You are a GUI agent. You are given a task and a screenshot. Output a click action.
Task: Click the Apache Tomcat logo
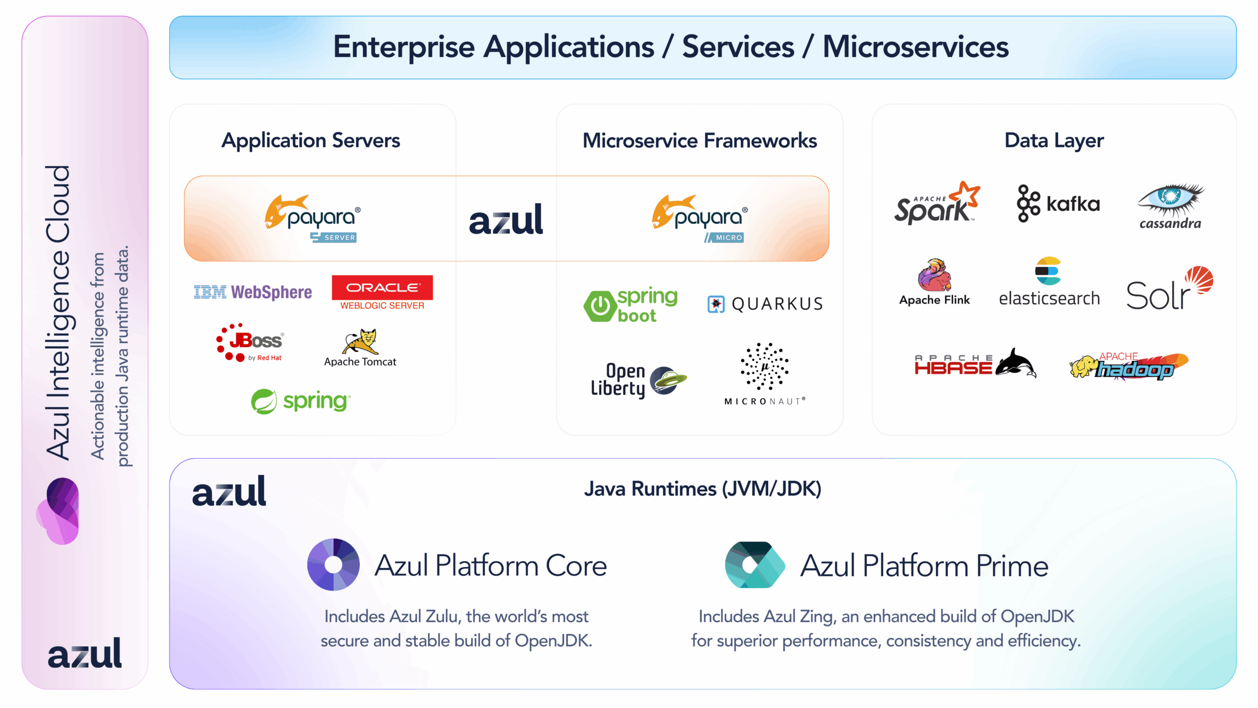pyautogui.click(x=360, y=347)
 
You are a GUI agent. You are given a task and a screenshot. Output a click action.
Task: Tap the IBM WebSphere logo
pyautogui.click(x=253, y=292)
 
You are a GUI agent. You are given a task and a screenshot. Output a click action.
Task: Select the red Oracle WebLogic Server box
pyautogui.click(x=382, y=288)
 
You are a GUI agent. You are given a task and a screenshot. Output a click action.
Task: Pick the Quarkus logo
pyautogui.click(x=765, y=304)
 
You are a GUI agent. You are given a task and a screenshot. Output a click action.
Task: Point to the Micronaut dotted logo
pyautogui.click(x=765, y=367)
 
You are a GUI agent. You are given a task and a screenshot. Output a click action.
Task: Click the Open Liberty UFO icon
pyautogui.click(x=668, y=380)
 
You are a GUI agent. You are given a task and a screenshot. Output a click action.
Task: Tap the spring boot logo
pyautogui.click(x=631, y=305)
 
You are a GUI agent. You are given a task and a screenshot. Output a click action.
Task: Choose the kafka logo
pyautogui.click(x=1058, y=204)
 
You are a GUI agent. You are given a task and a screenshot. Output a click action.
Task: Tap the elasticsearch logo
pyautogui.click(x=1049, y=282)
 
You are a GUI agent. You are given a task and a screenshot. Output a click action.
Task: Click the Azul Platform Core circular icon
pyautogui.click(x=333, y=564)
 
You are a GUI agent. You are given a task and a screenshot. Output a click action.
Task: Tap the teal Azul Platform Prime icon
pyautogui.click(x=754, y=565)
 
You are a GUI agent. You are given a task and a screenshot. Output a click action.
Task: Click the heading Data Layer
pyautogui.click(x=1054, y=141)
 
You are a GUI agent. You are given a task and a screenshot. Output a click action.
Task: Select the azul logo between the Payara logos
pyautogui.click(x=506, y=219)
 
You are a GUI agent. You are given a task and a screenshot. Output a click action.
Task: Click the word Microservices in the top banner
pyautogui.click(x=915, y=47)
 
